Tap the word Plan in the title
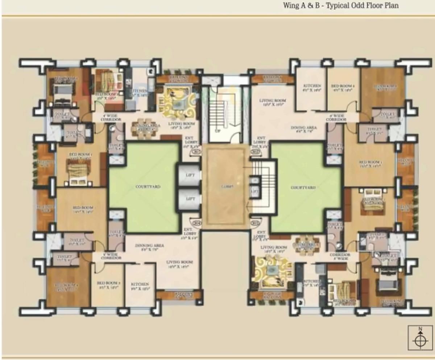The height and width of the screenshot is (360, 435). coord(391,6)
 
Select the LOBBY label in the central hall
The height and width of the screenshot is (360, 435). coord(225,187)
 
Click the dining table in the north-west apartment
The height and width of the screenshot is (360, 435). coord(144,129)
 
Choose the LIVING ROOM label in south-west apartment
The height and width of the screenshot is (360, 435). coord(180,264)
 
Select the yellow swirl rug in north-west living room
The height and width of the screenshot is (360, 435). coord(178,102)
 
